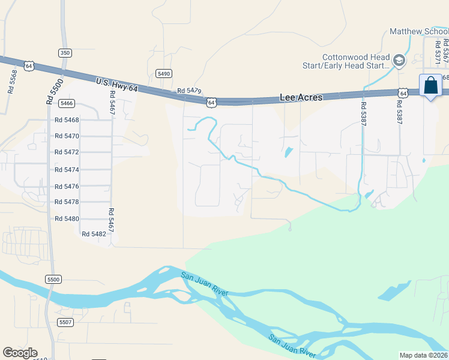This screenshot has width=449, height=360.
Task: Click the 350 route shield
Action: pyautogui.click(x=65, y=53)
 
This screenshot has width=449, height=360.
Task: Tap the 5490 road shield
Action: pyautogui.click(x=164, y=73)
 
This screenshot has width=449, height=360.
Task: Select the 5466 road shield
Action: pyautogui.click(x=67, y=103)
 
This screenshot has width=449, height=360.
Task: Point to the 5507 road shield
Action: pyautogui.click(x=65, y=323)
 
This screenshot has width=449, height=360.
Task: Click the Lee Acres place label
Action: pyautogui.click(x=301, y=97)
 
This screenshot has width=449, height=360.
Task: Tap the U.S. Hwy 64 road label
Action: pyautogui.click(x=117, y=84)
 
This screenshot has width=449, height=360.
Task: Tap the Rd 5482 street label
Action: pyautogui.click(x=94, y=234)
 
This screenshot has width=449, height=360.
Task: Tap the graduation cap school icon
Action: pyautogui.click(x=399, y=60)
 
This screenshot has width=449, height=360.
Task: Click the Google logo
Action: pyautogui.click(x=20, y=353)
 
